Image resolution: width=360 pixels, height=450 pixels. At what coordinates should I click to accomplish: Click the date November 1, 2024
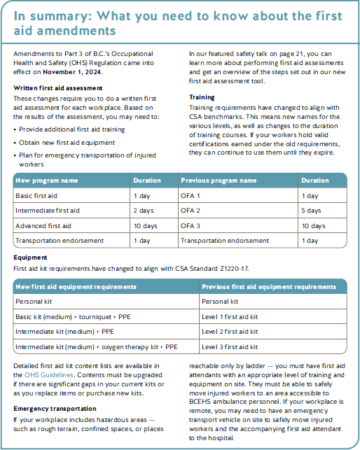coord(73,71)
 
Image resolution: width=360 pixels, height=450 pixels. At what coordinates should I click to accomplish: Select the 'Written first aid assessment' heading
coord(58,87)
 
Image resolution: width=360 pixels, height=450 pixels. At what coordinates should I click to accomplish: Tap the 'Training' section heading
coord(202,97)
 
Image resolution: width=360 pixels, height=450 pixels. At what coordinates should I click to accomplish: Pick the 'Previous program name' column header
coord(218,181)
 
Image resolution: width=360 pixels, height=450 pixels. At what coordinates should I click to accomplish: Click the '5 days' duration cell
coord(312,211)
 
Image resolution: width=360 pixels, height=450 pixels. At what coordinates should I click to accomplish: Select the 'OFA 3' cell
coord(191,225)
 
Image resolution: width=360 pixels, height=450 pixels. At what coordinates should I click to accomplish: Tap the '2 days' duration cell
coord(144,211)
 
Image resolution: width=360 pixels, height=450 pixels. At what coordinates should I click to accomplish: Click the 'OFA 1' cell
coord(191,196)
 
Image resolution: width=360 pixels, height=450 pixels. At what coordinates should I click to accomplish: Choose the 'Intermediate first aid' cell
coord(48,211)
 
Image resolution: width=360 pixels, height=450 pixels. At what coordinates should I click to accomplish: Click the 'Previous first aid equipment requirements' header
coord(268,286)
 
